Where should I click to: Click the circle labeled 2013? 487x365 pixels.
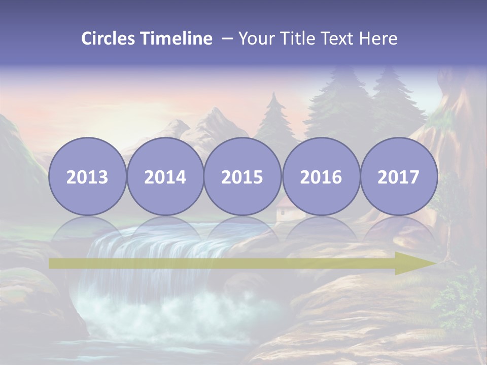pos(87,177)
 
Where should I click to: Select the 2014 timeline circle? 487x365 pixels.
pos(165,177)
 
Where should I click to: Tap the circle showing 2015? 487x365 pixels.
pos(242,177)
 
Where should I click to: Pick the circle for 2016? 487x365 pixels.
pos(321,177)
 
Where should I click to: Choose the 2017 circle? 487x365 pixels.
pos(398,177)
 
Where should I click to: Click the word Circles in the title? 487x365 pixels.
pos(108,39)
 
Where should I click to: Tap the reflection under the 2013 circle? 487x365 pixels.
pos(87,228)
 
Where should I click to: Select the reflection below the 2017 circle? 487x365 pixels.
pos(398,228)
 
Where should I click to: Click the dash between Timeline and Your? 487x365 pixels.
pos(227,39)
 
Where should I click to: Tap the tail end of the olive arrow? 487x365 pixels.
pos(53,264)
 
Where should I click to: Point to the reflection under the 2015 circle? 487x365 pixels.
pos(242,228)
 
